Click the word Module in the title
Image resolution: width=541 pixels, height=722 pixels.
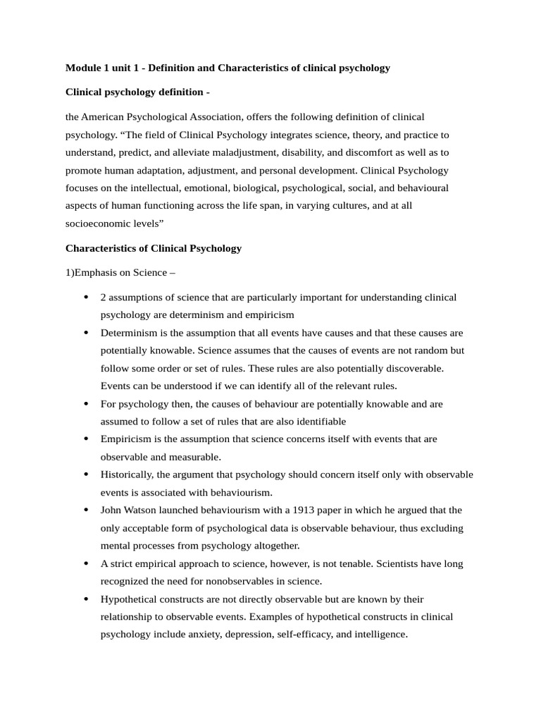(x=83, y=68)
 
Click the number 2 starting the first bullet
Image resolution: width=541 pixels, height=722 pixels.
(x=104, y=297)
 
